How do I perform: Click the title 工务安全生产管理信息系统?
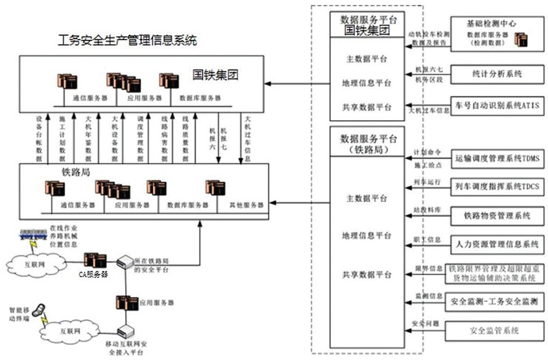point(127,41)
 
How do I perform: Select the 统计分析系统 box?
point(498,73)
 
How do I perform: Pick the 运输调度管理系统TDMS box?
point(498,159)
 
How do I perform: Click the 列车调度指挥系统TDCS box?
point(498,186)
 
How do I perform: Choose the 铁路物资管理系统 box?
point(498,215)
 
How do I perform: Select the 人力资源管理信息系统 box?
point(498,244)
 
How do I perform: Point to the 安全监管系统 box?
point(498,330)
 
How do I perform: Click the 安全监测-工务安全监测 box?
point(498,301)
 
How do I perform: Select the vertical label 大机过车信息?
point(248,138)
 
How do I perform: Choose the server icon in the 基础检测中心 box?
point(520,39)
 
